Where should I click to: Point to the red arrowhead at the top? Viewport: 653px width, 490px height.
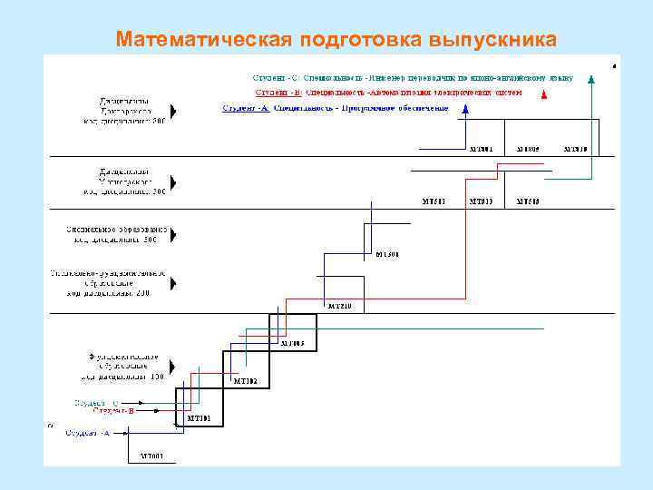[543, 93]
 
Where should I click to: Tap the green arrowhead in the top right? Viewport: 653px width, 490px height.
[591, 77]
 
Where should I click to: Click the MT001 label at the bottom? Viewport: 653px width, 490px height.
[151, 455]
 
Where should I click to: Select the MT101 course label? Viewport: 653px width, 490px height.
[199, 418]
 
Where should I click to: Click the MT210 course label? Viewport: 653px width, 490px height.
[339, 306]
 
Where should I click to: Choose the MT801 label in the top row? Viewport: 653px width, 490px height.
[481, 148]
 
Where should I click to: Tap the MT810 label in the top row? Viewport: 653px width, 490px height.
[575, 148]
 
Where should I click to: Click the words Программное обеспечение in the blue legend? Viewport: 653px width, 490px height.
[395, 109]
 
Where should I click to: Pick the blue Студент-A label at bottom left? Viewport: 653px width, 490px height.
[87, 433]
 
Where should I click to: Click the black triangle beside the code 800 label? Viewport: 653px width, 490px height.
[173, 111]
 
